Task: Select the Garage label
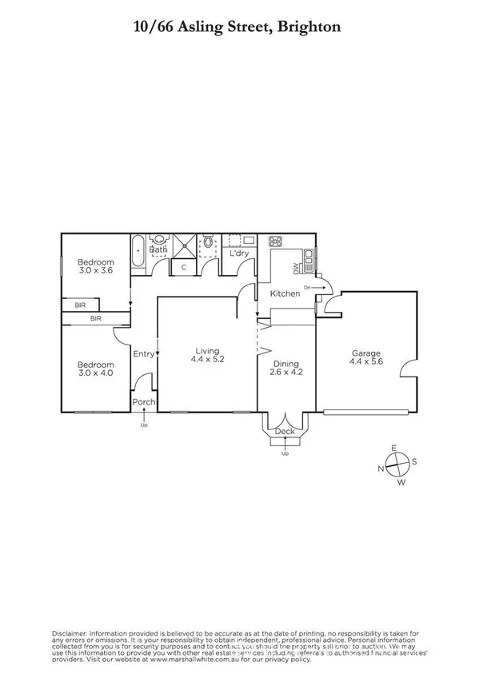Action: [365, 353]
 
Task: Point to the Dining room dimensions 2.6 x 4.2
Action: [286, 372]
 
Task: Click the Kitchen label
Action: [285, 293]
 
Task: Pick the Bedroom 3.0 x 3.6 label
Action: [95, 262]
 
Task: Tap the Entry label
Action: [143, 354]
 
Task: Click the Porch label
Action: [144, 402]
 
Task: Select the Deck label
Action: [284, 432]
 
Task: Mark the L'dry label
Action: [239, 253]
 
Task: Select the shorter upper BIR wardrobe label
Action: [80, 305]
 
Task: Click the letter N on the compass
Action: [381, 468]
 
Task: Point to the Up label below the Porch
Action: [144, 425]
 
